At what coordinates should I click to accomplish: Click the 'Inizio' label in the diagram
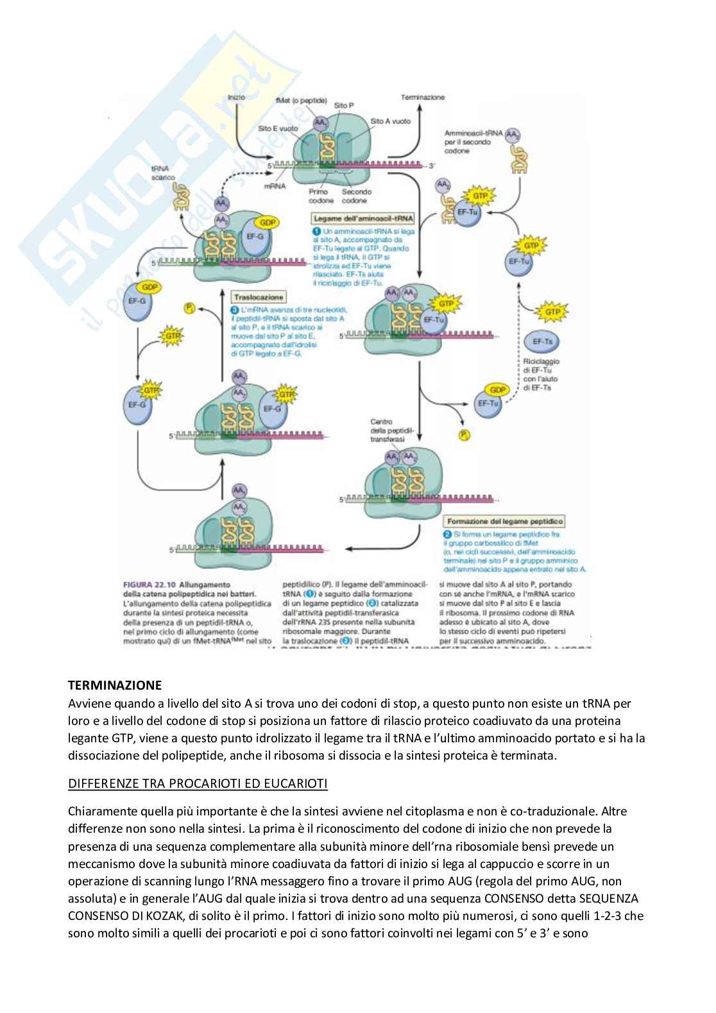(236, 97)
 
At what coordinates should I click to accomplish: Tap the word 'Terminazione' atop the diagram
(423, 97)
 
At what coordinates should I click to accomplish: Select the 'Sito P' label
(344, 105)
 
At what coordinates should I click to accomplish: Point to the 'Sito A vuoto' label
(390, 121)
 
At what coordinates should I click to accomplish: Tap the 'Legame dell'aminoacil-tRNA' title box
(364, 219)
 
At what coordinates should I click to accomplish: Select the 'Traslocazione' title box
(259, 298)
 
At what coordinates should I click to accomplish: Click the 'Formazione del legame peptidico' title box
(504, 522)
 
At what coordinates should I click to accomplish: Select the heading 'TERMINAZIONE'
(115, 685)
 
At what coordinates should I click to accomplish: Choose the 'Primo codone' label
(318, 196)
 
